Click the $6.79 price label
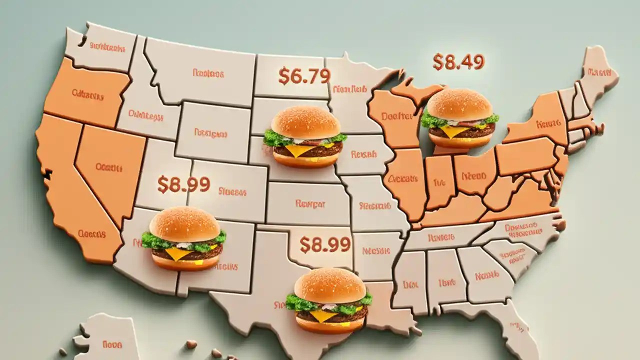tap(304, 76)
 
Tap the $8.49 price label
tap(458, 62)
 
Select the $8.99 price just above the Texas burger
tap(324, 244)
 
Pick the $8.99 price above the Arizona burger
tap(183, 184)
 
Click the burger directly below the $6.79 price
tap(305, 136)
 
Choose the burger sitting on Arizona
tap(184, 238)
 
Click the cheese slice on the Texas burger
tap(323, 315)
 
